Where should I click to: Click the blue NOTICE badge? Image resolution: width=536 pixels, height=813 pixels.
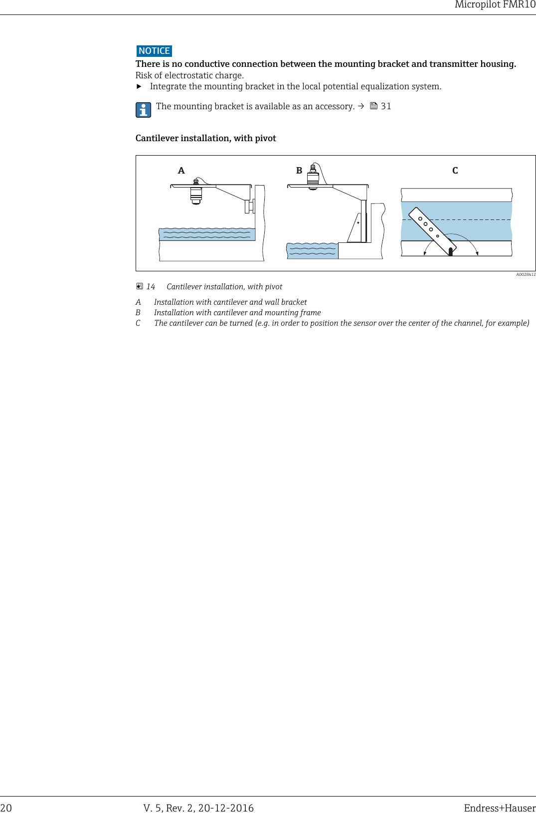[x=154, y=51]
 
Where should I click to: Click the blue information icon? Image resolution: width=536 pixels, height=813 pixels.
[x=143, y=110]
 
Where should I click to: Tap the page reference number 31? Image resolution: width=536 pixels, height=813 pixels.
[x=386, y=106]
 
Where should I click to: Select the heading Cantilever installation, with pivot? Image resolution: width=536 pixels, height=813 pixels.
[x=205, y=138]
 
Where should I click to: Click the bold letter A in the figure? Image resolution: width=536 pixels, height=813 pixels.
[x=181, y=171]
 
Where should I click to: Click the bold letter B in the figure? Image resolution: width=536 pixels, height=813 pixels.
[x=299, y=171]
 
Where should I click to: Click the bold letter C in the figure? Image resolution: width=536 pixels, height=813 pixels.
[x=455, y=171]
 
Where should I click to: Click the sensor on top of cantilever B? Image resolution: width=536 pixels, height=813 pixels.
[x=313, y=176]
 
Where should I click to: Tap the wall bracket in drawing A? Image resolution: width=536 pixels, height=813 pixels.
[x=250, y=205]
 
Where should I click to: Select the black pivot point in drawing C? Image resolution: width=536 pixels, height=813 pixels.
[x=451, y=251]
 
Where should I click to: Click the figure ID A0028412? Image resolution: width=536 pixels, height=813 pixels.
[x=526, y=274]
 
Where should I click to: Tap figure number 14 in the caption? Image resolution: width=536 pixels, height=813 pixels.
[x=151, y=287]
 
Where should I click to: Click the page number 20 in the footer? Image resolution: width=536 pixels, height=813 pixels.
[x=6, y=808]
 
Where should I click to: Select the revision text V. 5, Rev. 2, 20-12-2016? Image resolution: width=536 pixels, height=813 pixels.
[x=198, y=808]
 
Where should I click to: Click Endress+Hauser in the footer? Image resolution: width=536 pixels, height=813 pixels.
[x=499, y=808]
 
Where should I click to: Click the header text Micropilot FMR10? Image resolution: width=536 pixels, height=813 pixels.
[x=495, y=5]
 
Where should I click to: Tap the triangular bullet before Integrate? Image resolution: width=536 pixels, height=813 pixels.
[x=139, y=86]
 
